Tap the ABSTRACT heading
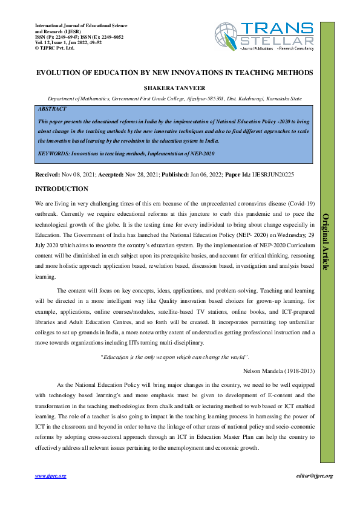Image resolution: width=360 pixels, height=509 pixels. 53,109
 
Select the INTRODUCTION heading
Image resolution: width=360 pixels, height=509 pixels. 63,189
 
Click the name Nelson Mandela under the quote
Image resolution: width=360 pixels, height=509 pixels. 261,369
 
